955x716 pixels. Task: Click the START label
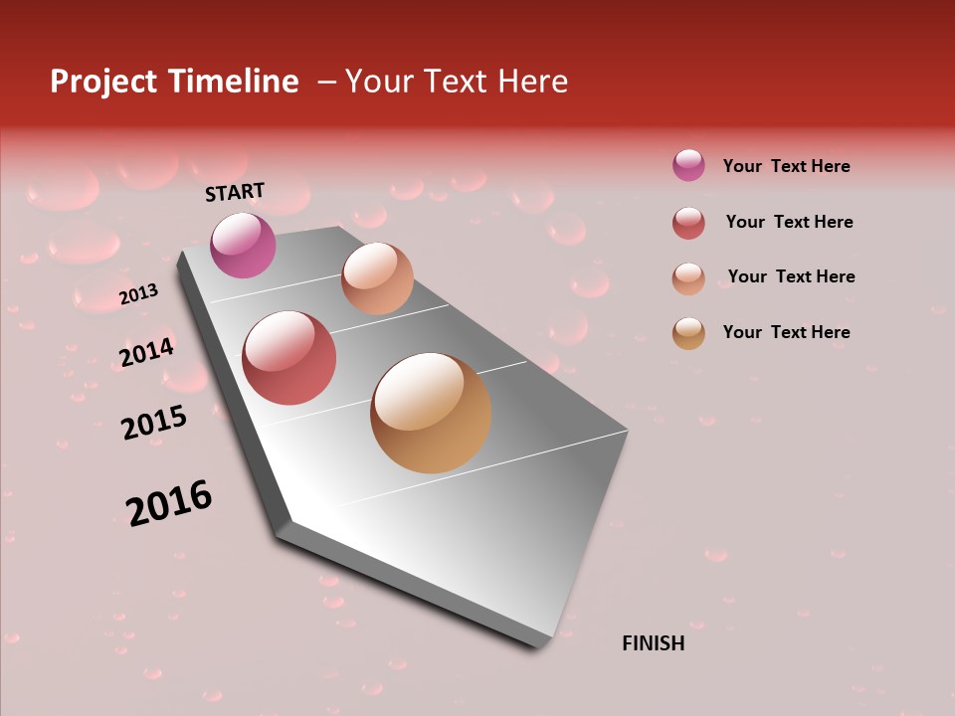tap(235, 192)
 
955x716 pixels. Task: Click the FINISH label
tap(653, 643)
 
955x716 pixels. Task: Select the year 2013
tap(138, 294)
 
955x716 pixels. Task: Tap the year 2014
tap(146, 353)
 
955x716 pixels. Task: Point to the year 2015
tap(154, 423)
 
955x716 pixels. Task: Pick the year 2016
tap(169, 502)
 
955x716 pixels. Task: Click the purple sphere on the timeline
tap(243, 245)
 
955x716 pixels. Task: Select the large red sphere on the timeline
tap(288, 358)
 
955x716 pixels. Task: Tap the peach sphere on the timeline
tap(377, 278)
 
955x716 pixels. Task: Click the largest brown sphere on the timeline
tap(431, 413)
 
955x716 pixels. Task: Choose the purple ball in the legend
tap(688, 165)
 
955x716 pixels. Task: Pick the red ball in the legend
tap(688, 223)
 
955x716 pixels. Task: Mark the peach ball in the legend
tap(688, 278)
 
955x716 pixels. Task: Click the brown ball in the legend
tap(688, 333)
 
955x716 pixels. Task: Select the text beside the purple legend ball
tap(786, 166)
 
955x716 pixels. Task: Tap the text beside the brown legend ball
tap(786, 332)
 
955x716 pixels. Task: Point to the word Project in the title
tap(103, 82)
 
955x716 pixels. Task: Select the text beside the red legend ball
tap(789, 222)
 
